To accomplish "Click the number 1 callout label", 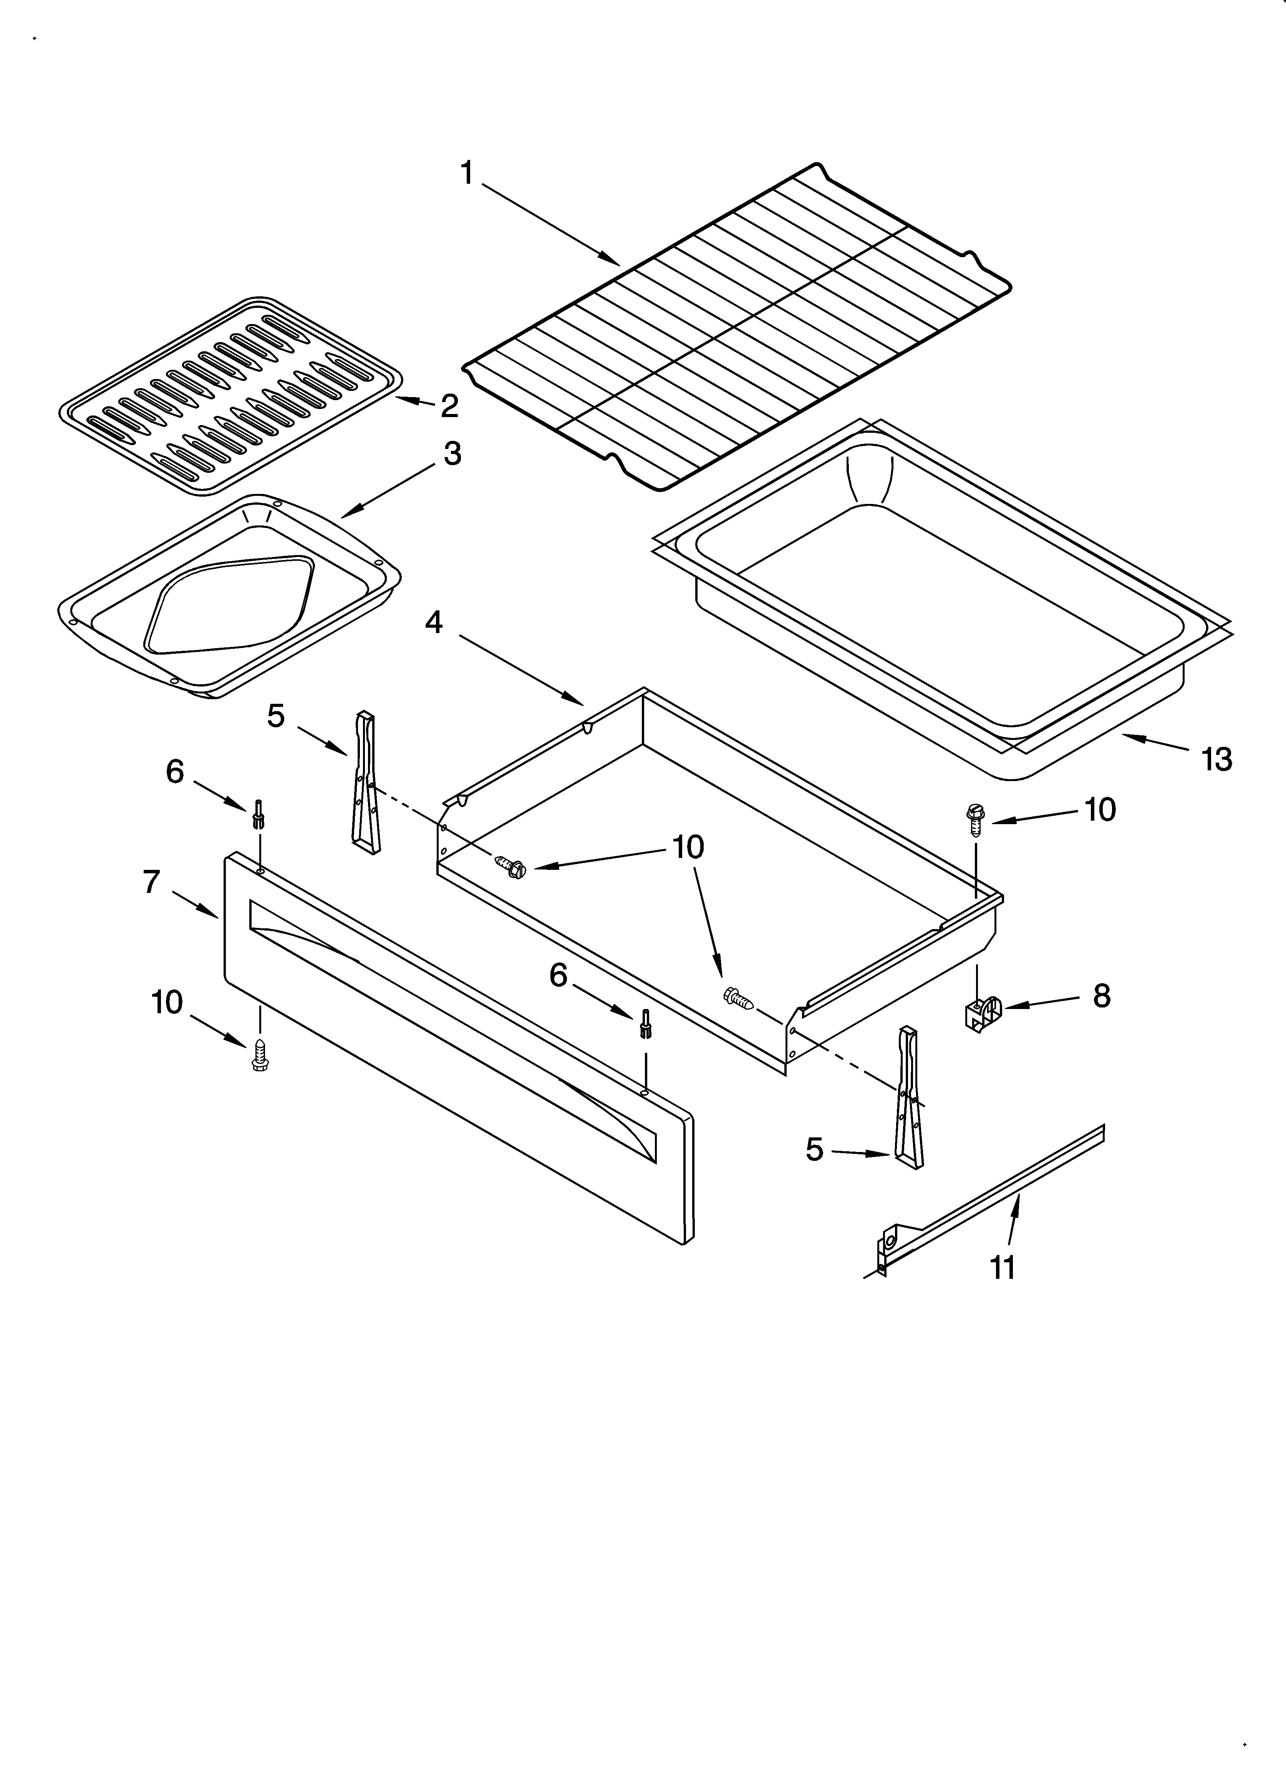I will pos(467,173).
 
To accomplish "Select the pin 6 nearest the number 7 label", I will pos(258,815).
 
